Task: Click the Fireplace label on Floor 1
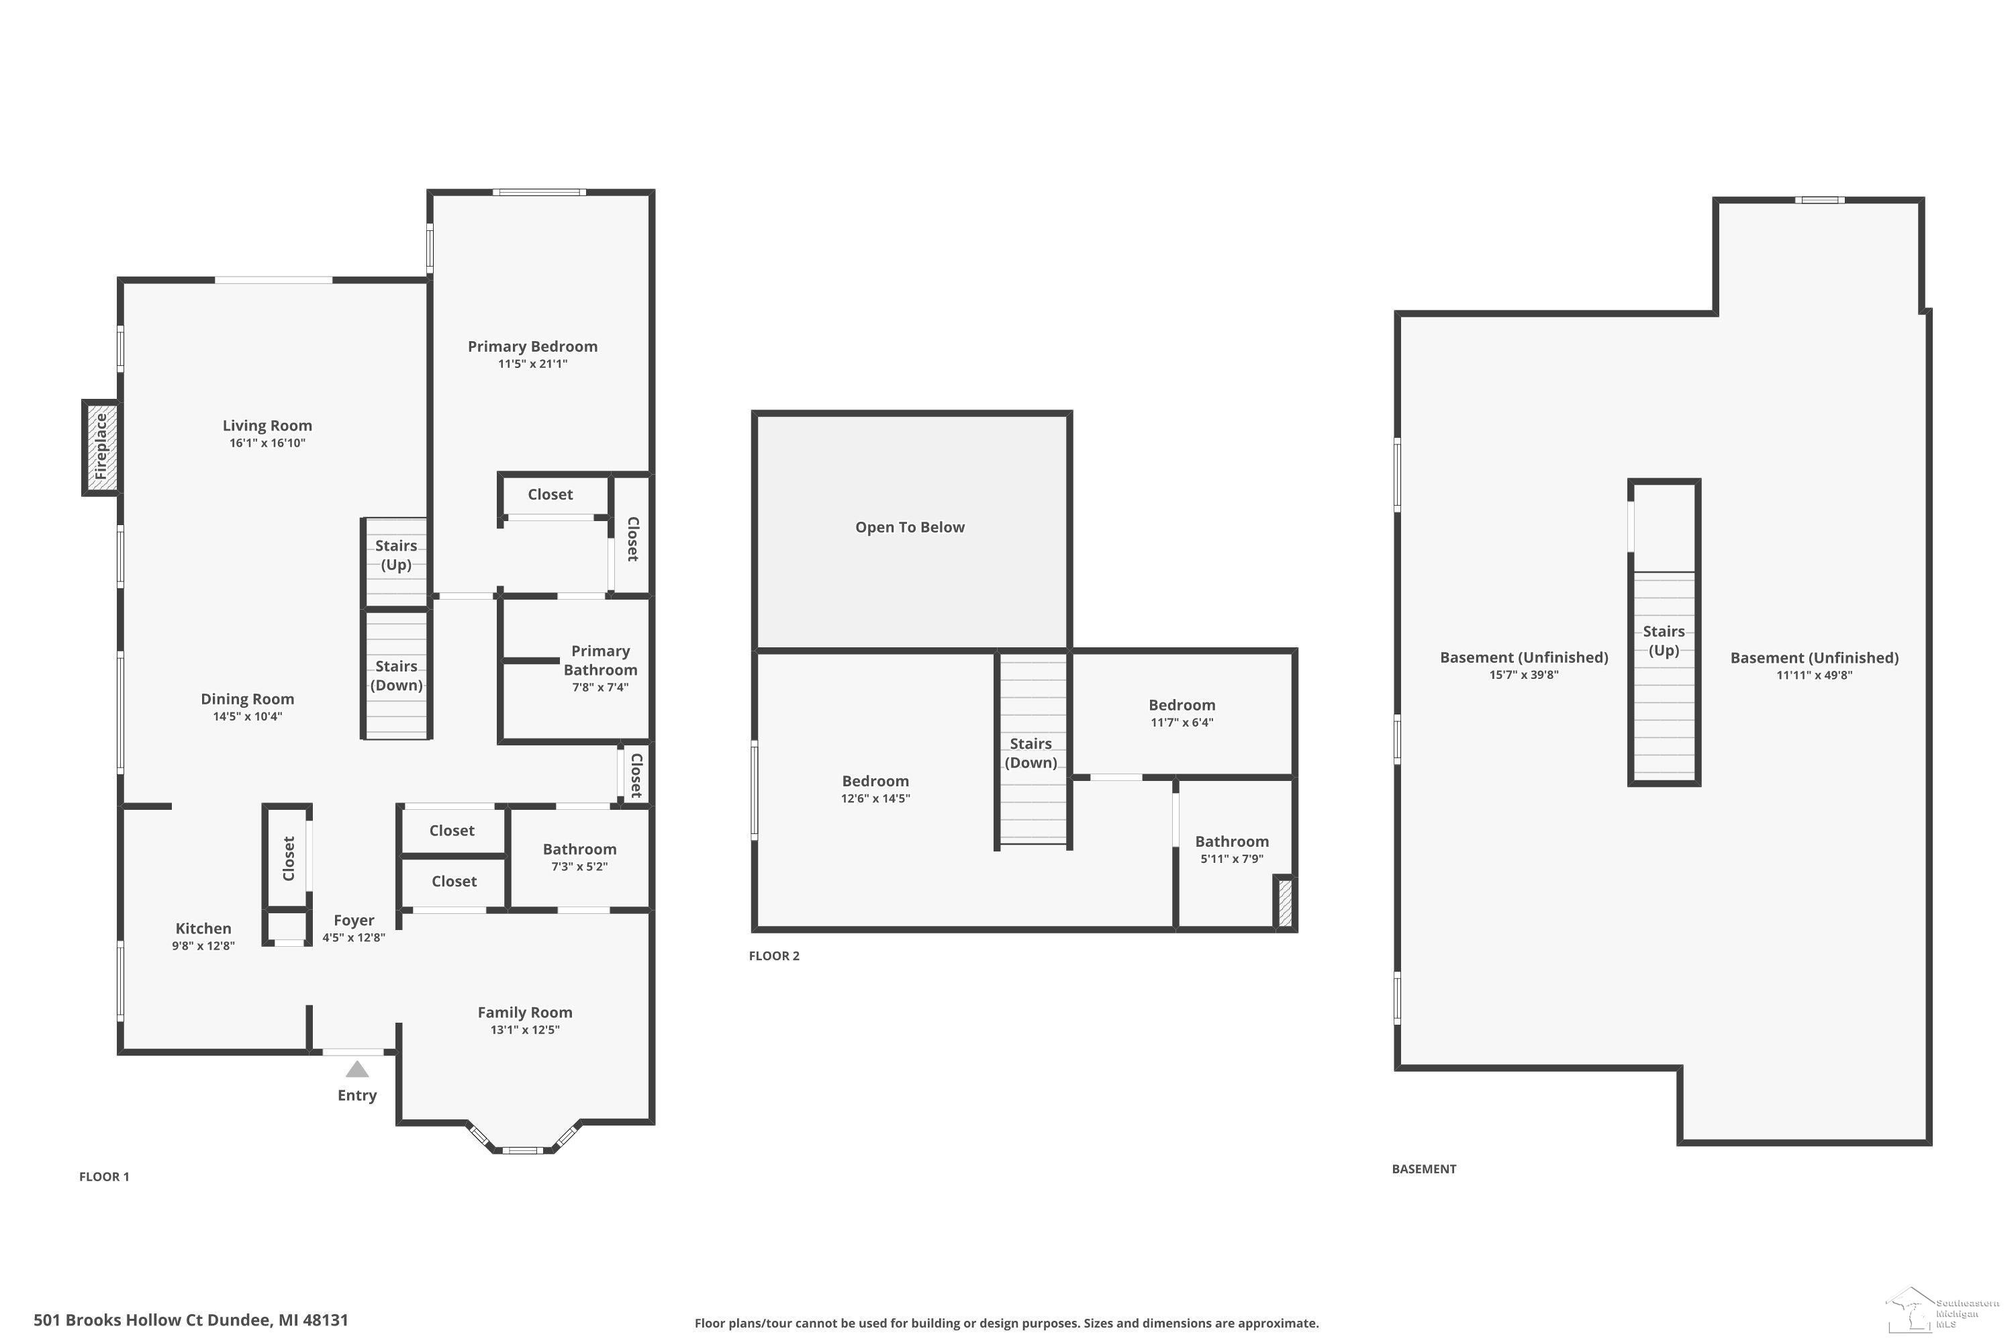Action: [x=101, y=447]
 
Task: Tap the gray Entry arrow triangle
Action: [x=357, y=1069]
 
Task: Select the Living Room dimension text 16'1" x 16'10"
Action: [x=267, y=443]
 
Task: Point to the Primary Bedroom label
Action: [x=532, y=346]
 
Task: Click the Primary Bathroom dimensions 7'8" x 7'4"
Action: [x=600, y=687]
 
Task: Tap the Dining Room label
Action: [x=248, y=699]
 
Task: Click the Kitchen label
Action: [x=203, y=929]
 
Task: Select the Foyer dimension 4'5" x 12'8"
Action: [x=354, y=938]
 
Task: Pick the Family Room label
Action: [x=525, y=1013]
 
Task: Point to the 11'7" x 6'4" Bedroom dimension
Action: [x=1182, y=722]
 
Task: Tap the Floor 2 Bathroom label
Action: [x=1232, y=842]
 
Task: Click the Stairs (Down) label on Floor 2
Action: [x=1031, y=753]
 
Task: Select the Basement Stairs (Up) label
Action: [x=1664, y=641]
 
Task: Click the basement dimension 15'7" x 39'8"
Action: [x=1524, y=675]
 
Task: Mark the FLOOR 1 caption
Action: [x=105, y=1177]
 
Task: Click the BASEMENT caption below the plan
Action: [x=1424, y=1169]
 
